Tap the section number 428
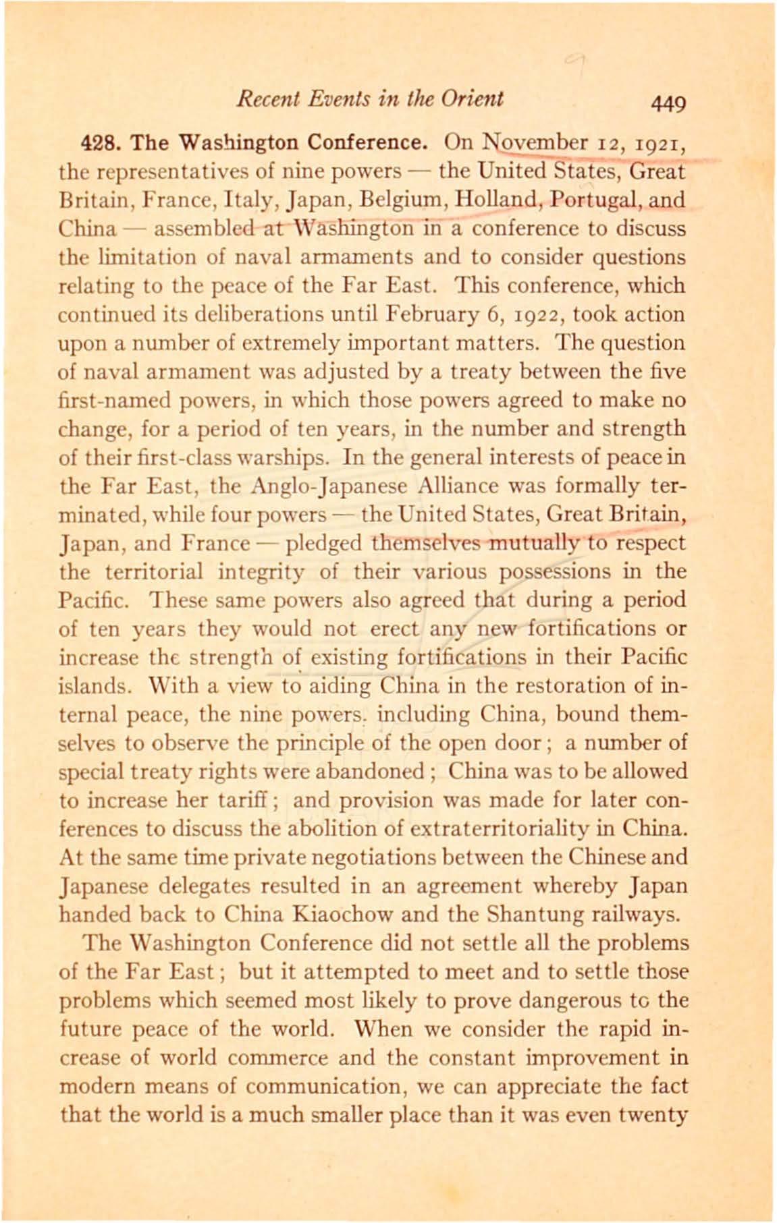101,144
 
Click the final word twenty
653,1114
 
